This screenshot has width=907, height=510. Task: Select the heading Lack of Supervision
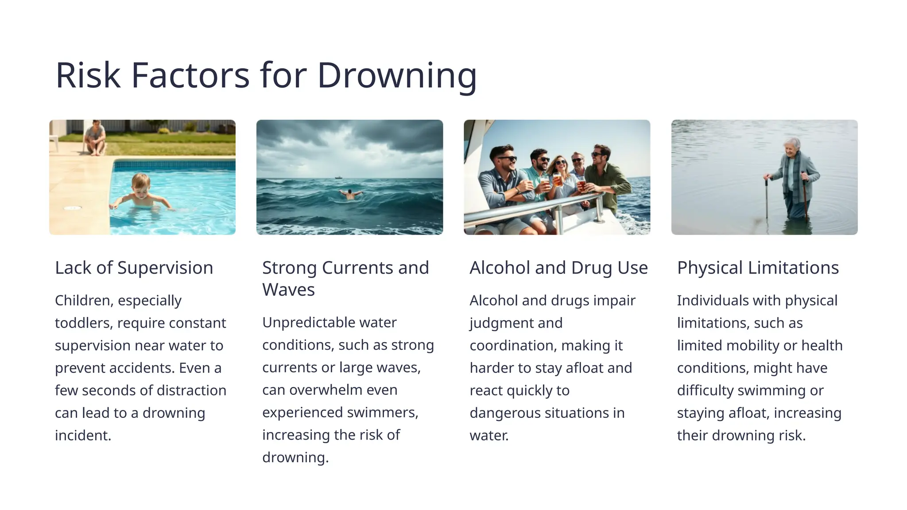(x=134, y=268)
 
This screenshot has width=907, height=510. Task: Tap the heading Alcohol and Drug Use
(x=558, y=268)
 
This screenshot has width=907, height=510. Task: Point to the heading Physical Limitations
(x=758, y=268)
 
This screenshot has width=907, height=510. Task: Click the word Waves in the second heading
(x=288, y=290)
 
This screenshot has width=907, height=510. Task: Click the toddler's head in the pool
(x=141, y=182)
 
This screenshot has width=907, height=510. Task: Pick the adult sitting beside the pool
(x=95, y=138)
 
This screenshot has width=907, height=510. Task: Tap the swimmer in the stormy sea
(x=350, y=194)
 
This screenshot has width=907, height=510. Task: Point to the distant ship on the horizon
(x=339, y=178)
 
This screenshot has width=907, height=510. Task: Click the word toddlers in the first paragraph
(x=83, y=323)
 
